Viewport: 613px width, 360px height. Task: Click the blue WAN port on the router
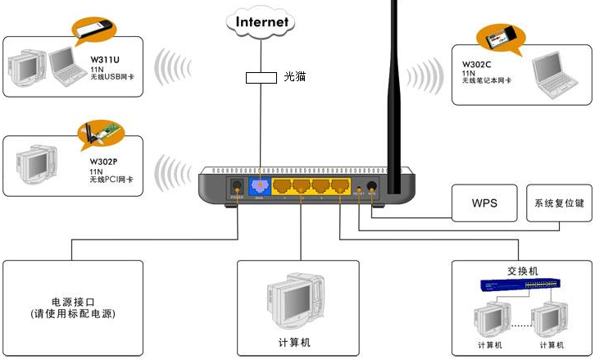point(260,188)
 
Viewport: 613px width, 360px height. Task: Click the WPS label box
point(484,203)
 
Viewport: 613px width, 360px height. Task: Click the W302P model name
point(104,162)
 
